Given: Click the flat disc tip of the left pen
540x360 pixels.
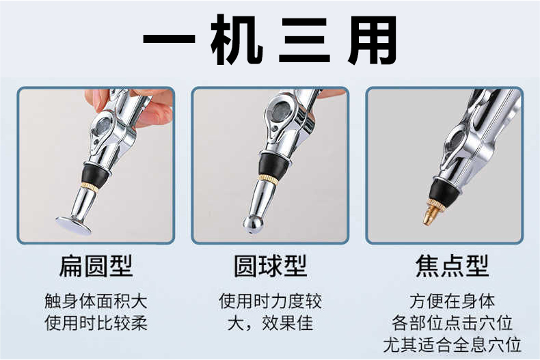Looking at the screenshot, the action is pyautogui.click(x=74, y=225).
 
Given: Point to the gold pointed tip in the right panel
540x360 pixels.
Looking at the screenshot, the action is pyautogui.click(x=432, y=212).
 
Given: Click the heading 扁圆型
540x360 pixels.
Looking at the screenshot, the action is pyautogui.click(x=96, y=266).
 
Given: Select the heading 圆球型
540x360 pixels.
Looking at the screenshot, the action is pyautogui.click(x=271, y=266).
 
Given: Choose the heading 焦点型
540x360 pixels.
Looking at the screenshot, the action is pyautogui.click(x=452, y=266).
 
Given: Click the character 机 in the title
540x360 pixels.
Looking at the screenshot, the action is pyautogui.click(x=237, y=40).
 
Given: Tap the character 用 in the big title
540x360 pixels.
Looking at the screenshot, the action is pyautogui.click(x=372, y=40).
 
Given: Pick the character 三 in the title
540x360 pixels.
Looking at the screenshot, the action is pyautogui.click(x=304, y=40).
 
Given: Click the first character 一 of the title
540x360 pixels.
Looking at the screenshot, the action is pyautogui.click(x=169, y=38).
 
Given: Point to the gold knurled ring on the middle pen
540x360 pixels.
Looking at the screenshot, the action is pyautogui.click(x=267, y=179).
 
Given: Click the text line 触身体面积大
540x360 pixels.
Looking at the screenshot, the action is pyautogui.click(x=96, y=301).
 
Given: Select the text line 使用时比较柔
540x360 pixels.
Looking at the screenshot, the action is pyautogui.click(x=96, y=323).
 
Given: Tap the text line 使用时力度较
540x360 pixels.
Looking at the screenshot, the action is pyautogui.click(x=271, y=301).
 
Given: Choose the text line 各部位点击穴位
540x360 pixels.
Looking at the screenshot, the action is pyautogui.click(x=452, y=323).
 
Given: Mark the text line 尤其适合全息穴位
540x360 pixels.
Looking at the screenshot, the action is pyautogui.click(x=452, y=345).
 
